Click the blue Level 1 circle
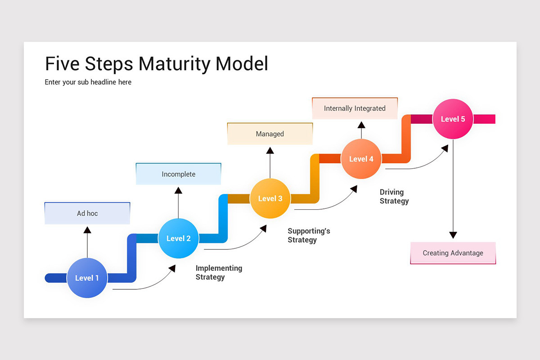pos(87,278)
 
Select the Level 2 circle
pos(179,238)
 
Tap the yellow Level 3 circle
pos(270,198)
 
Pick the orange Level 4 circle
pos(361,159)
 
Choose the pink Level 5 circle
pos(453,119)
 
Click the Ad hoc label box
pos(87,213)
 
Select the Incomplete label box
pos(179,174)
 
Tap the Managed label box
pos(270,134)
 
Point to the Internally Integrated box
pos(355,108)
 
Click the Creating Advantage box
pos(453,253)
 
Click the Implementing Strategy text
pos(219,273)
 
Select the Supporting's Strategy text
pos(309,235)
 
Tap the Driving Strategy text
pos(394,197)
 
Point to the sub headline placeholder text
pos(88,82)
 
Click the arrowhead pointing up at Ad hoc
pos(87,230)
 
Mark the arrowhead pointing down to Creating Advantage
pos(453,235)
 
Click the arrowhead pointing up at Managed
pos(270,151)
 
